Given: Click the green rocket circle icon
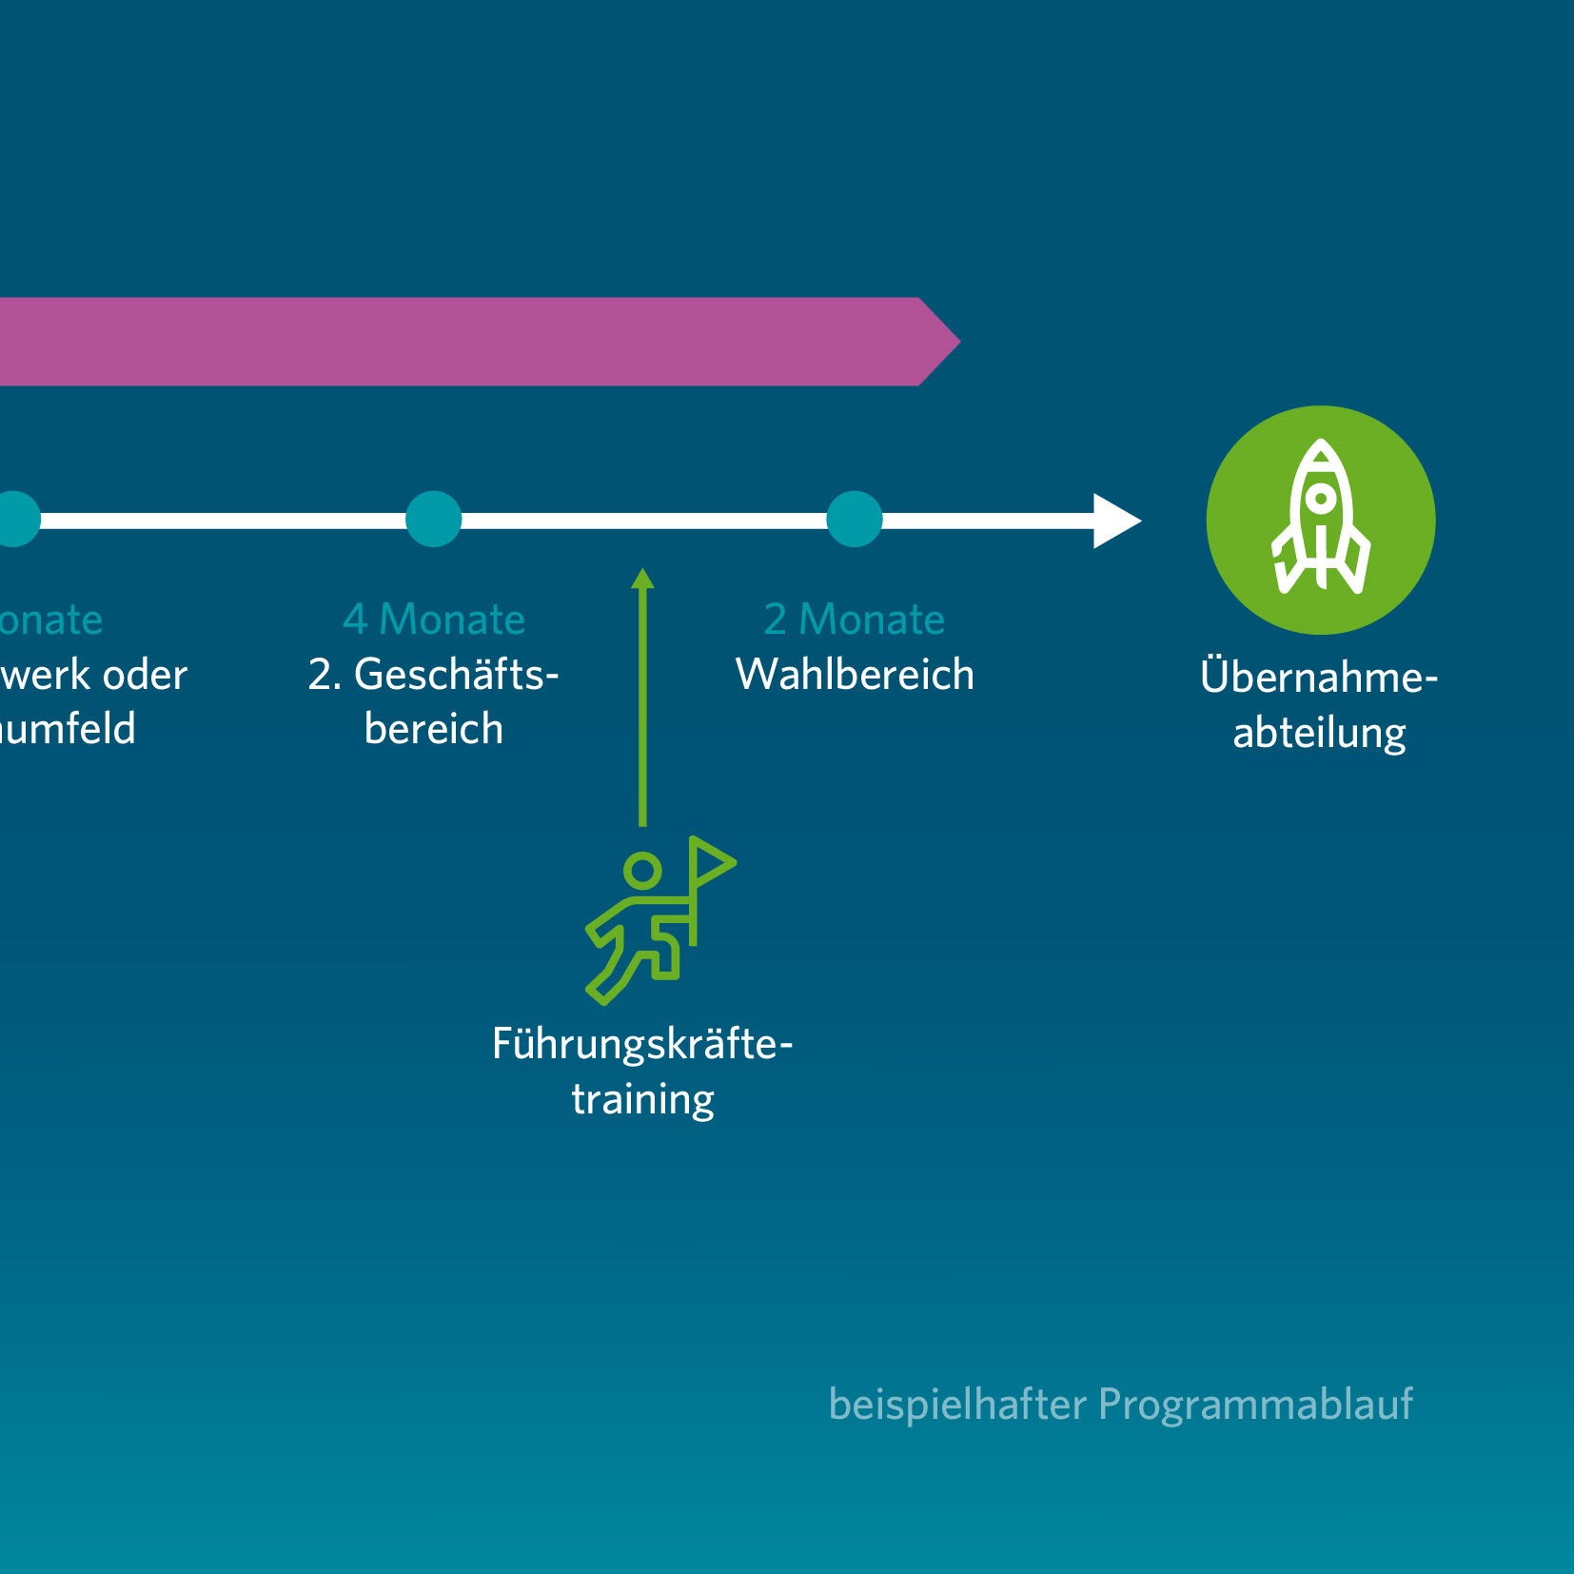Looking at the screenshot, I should coord(1320,520).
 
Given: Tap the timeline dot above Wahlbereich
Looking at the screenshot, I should coord(854,520).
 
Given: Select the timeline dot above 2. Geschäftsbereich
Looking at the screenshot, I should coord(433,520).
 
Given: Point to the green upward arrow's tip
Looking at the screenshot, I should coord(642,574).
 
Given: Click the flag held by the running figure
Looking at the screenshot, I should coord(709,862).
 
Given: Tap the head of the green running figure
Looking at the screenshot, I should coord(642,870).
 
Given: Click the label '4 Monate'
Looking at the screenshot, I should coord(434,620).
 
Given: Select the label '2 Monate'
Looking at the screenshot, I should coord(854,620).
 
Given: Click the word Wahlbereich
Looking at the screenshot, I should coord(855,675).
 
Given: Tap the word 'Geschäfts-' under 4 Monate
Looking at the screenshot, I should coord(456,675).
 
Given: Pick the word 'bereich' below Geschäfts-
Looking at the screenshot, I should coord(433,729).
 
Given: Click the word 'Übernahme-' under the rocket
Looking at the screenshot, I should coord(1318,677).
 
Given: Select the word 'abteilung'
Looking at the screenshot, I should coord(1319,733).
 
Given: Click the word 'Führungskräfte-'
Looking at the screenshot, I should coord(641,1044).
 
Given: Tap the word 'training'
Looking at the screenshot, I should coord(642,1099).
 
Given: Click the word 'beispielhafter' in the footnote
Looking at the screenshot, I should coord(956,1405).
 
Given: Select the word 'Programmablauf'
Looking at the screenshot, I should coord(1255,1405).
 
